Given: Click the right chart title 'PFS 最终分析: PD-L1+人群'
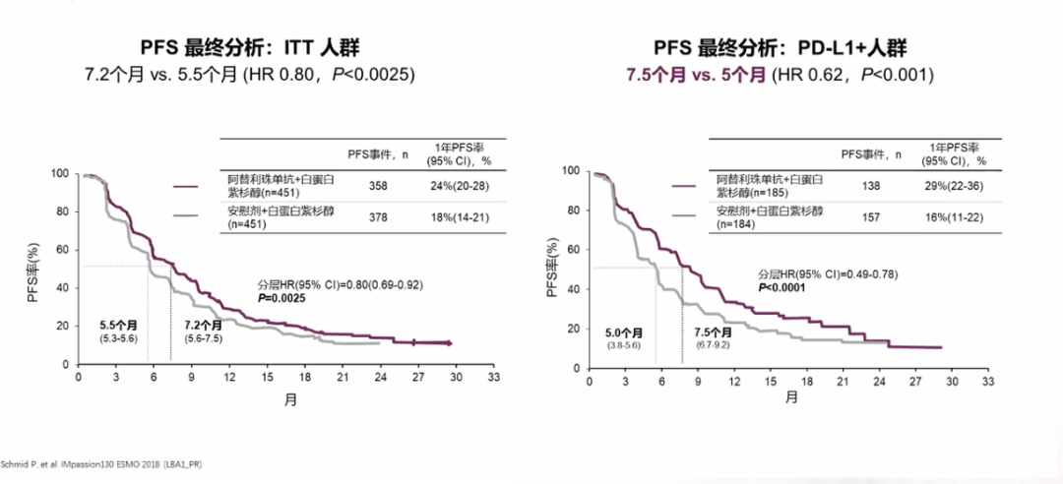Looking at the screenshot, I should pos(779,48).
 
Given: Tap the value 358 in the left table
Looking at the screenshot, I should pos(378,185).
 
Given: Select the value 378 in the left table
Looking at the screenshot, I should pos(378,217).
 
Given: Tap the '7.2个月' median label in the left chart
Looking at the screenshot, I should pos(203,325).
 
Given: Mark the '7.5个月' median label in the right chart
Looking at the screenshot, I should pos(714,333).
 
